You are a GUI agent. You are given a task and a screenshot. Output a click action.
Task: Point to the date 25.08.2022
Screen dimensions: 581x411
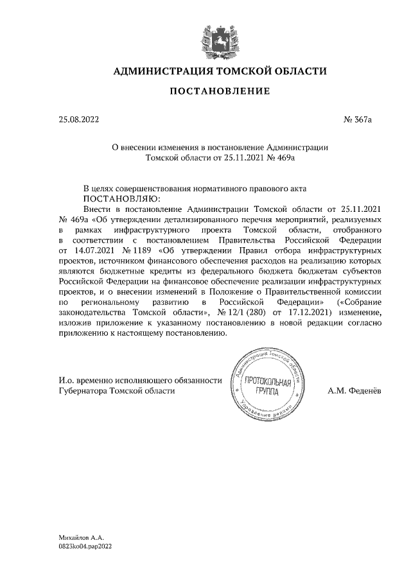click(x=80, y=119)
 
